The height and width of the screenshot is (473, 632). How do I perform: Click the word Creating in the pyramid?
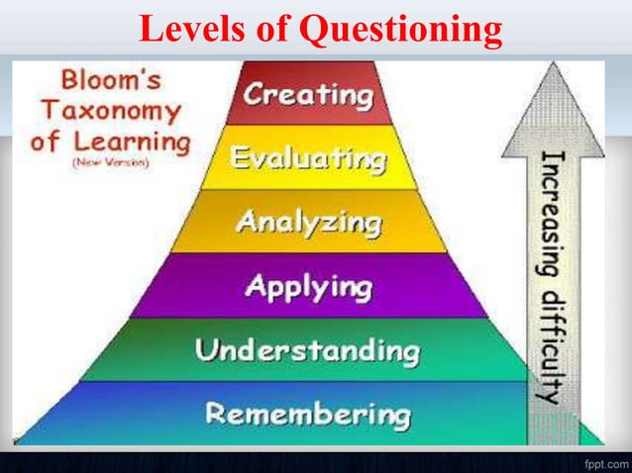point(309,96)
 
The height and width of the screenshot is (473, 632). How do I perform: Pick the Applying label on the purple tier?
point(308,287)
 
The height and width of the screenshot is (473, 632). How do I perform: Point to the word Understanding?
point(306,349)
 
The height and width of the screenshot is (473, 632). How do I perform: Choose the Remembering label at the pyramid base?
point(306,412)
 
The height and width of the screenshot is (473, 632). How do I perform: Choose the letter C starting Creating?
point(255,96)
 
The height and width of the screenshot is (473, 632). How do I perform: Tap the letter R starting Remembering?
point(212,412)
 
